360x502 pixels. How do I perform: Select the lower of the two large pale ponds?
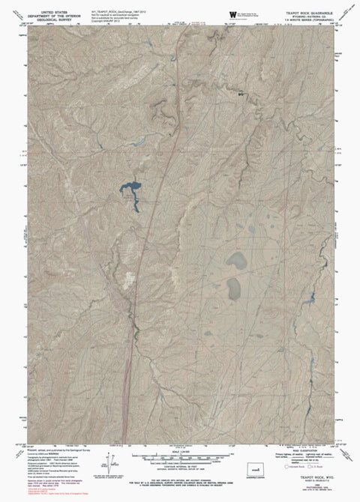tap(234, 286)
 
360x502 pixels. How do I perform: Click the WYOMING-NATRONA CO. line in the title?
tap(303, 19)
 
